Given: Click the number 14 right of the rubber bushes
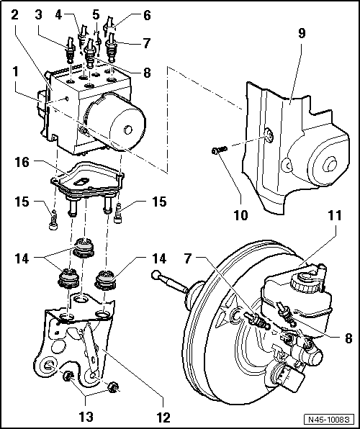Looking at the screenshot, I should (157, 256).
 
